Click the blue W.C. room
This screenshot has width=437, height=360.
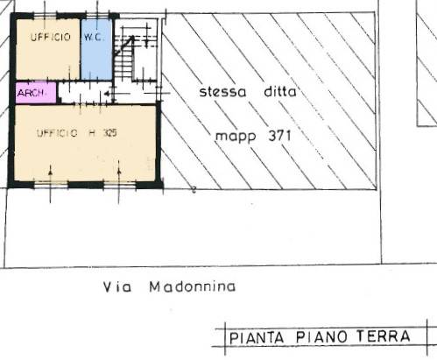coord(96,49)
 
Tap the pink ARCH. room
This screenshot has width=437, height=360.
coord(36,93)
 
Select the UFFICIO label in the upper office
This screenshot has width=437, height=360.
coord(51,37)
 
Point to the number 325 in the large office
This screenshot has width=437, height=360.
coord(109,133)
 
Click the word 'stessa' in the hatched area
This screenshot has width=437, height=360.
coord(222,92)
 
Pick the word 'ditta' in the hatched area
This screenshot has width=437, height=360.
coord(280,92)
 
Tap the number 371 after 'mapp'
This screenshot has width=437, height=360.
coord(279,136)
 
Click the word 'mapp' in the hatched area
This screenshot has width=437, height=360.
coord(236,137)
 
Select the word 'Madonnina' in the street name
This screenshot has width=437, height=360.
coord(193,286)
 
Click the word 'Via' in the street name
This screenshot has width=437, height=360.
coord(117,287)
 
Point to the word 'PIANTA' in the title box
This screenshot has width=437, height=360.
coord(257,338)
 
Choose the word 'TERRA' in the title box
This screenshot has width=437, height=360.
coord(384,336)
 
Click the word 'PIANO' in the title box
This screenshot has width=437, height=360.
coord(321,337)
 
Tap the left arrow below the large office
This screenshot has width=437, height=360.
coord(50,184)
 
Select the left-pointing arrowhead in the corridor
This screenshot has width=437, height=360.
coord(107,94)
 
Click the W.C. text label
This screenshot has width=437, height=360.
coord(94,38)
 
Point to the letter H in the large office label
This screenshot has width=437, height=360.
coord(92,133)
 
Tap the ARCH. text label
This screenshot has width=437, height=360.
coord(32,93)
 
